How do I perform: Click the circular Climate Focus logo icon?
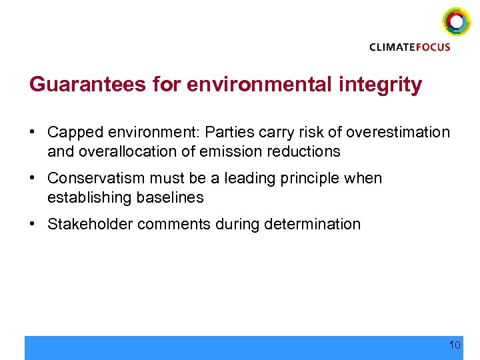[457, 21]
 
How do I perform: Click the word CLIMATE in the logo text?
[392, 47]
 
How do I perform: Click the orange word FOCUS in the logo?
[433, 47]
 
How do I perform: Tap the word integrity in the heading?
[385, 85]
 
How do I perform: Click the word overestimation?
[401, 132]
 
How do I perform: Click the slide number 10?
[455, 345]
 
